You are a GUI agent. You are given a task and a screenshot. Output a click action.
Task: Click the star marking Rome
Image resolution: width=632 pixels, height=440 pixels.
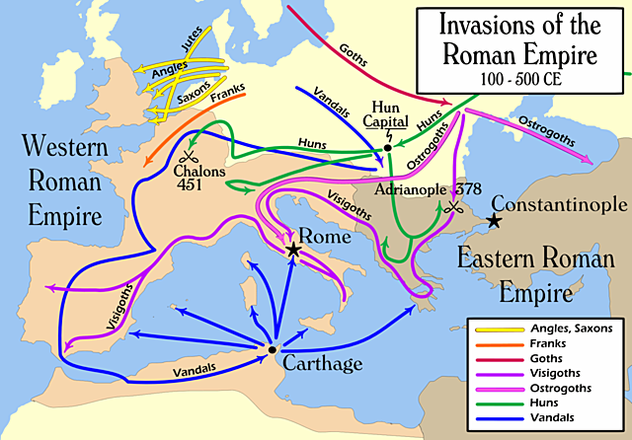293,251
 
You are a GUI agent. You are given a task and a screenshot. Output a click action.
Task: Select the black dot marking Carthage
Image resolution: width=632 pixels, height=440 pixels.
273,349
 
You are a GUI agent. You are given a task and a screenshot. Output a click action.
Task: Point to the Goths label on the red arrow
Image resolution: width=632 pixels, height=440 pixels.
353,55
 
